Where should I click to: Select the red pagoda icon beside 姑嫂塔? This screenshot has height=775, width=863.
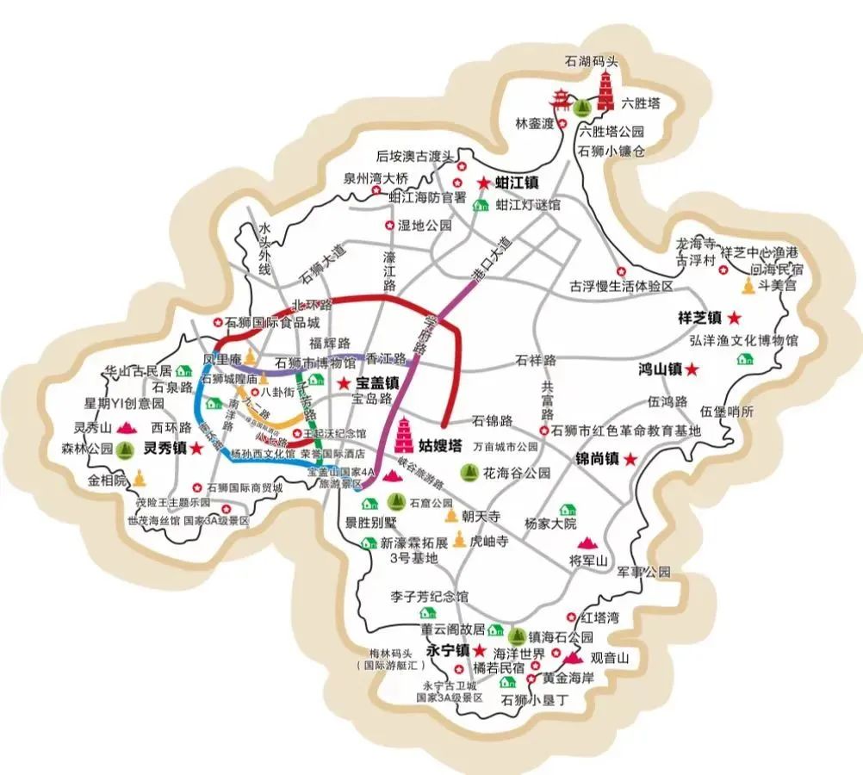pos(405,436)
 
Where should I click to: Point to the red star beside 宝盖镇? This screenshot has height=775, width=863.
pos(343,382)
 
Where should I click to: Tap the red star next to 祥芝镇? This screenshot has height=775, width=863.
pos(736,317)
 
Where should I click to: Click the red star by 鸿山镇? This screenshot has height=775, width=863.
pos(692,369)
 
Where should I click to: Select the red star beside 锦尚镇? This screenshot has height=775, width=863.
pos(630,460)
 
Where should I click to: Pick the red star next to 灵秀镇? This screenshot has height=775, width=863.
pos(196,448)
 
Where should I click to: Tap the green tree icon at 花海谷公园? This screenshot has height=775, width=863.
pos(469,472)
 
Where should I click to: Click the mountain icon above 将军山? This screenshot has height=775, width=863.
pos(588,542)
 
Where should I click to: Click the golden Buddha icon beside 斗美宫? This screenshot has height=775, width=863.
pos(750,287)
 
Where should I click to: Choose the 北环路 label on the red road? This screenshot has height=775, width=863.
pos(311,305)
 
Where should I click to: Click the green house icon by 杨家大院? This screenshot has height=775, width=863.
pos(567,510)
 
